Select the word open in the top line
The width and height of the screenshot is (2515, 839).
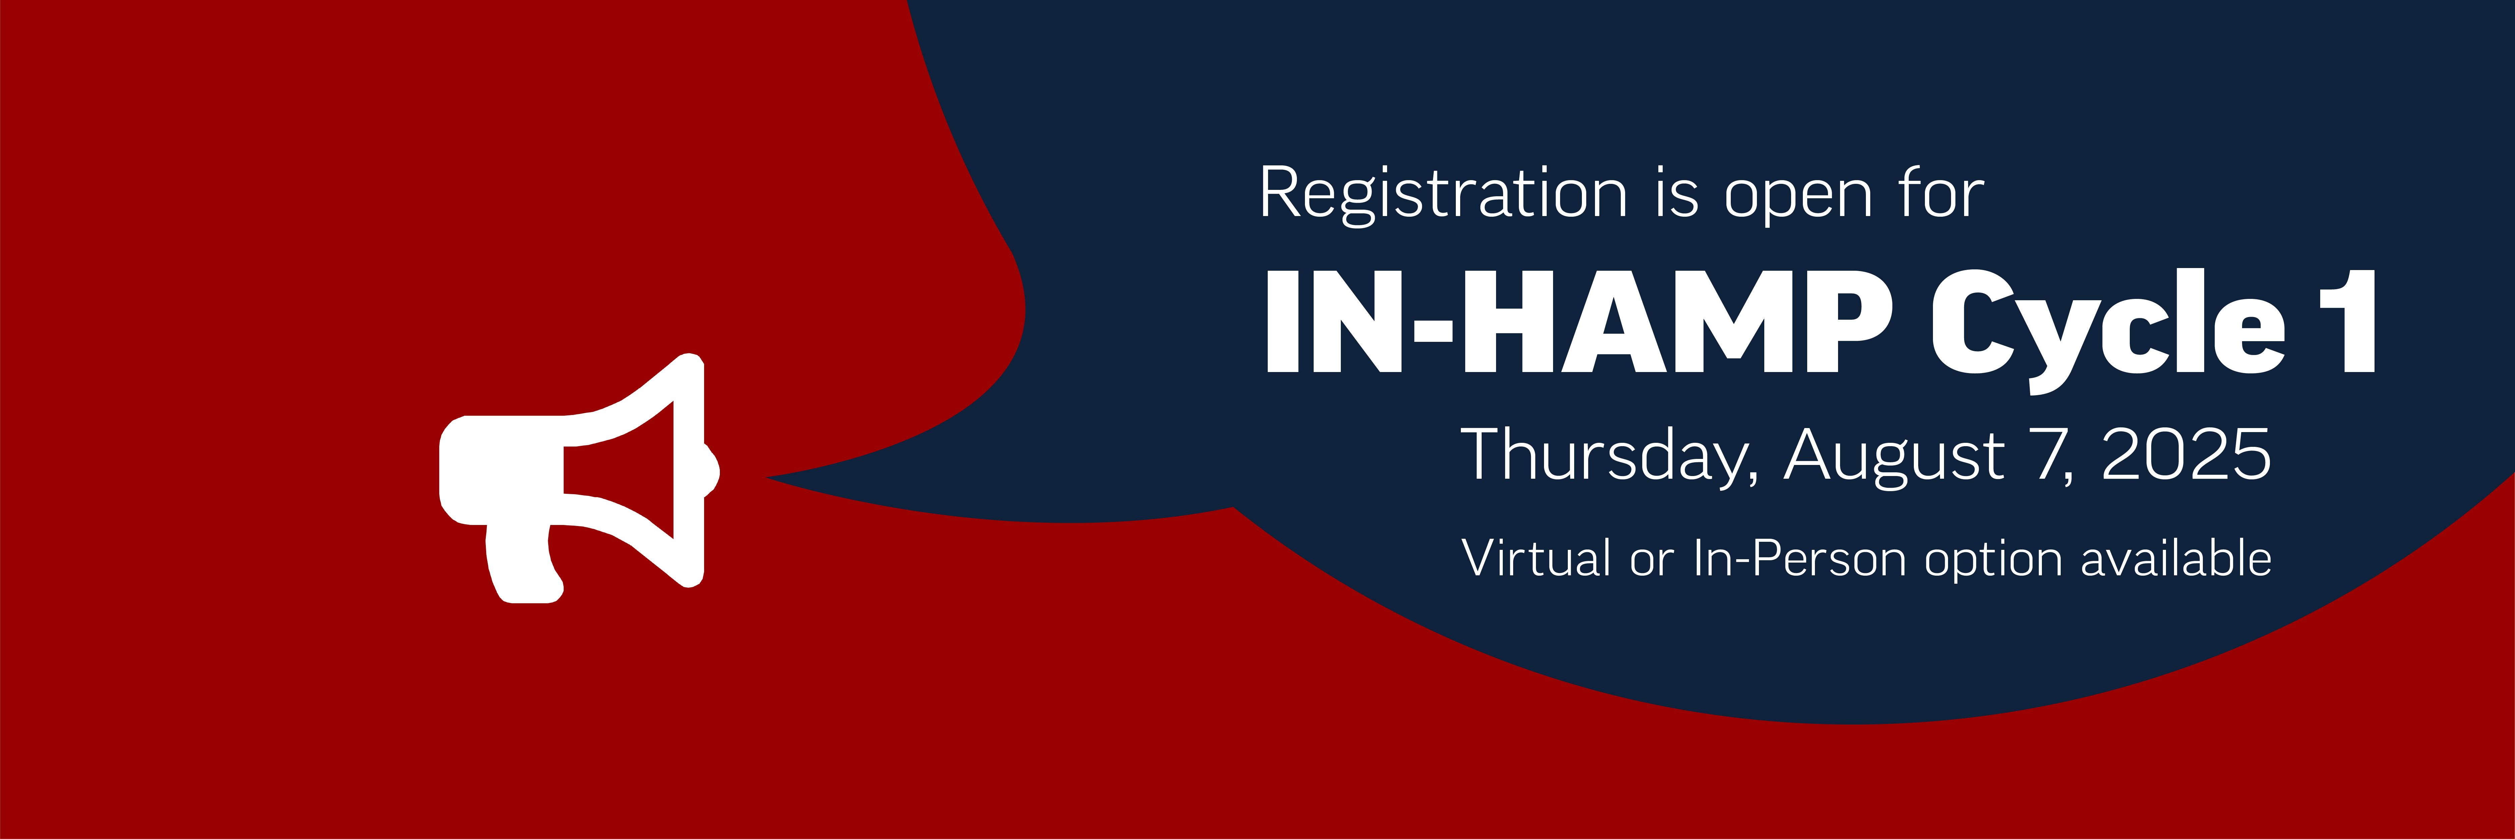[1798, 198]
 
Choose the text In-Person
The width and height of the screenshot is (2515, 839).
[1799, 559]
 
